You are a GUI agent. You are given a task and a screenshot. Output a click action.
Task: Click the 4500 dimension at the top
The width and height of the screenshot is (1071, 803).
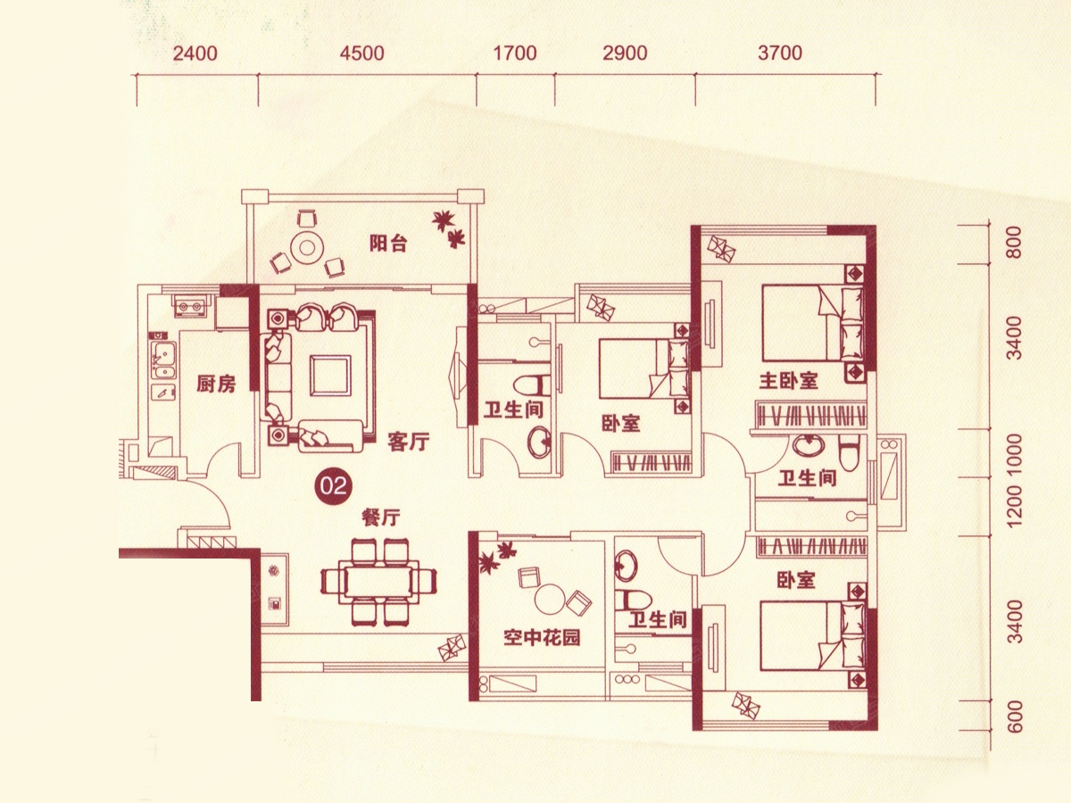(361, 54)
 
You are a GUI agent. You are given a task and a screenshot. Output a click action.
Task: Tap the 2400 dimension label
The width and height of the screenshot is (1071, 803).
(195, 54)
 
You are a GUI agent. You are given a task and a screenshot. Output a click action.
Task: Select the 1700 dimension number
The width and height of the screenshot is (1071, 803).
(515, 54)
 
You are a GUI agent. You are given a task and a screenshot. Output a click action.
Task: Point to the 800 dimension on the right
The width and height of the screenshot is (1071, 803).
(1013, 243)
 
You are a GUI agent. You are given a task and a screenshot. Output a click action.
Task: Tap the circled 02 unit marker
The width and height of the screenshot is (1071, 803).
(334, 486)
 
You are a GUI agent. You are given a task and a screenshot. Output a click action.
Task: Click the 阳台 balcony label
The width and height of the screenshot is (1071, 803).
(388, 243)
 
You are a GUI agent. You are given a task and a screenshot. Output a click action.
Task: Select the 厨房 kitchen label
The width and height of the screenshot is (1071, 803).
(216, 385)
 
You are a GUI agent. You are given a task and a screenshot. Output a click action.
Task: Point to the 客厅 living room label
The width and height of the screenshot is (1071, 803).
(409, 442)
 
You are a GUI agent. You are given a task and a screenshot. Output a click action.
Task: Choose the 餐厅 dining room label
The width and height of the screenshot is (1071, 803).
(380, 517)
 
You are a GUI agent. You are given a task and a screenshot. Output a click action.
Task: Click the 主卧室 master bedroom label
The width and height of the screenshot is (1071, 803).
(788, 381)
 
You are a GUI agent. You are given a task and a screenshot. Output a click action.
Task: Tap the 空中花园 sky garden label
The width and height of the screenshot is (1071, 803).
(542, 637)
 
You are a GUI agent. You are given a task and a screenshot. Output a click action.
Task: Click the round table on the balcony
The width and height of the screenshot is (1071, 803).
(307, 248)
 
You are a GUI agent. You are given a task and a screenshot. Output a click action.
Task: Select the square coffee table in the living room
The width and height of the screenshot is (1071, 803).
(330, 375)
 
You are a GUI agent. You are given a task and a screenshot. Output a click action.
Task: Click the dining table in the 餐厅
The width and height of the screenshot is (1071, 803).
(378, 582)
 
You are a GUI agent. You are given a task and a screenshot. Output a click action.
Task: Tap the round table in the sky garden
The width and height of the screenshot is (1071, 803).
(551, 600)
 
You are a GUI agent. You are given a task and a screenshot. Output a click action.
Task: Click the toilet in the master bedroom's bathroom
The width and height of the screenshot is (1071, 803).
(848, 453)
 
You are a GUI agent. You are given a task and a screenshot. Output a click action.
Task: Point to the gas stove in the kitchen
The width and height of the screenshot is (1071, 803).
(190, 307)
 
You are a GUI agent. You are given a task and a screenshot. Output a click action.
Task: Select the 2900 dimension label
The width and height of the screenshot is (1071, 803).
(625, 54)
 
